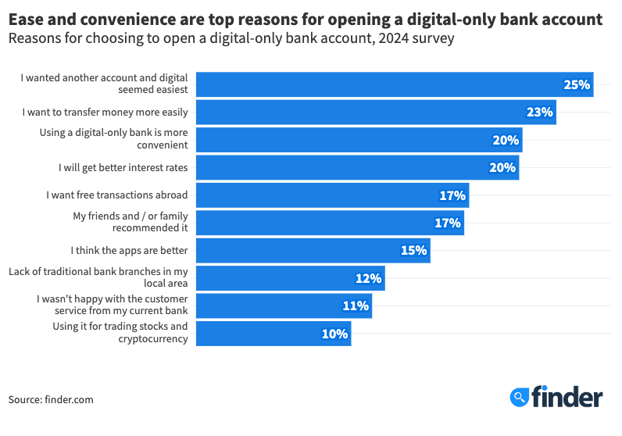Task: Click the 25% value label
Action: pos(576,84)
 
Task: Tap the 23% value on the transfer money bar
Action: pos(539,112)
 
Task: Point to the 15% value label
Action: pos(413,251)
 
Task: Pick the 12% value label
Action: pos(368,278)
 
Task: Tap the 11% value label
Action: pos(356,306)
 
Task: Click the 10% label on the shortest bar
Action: pos(334,334)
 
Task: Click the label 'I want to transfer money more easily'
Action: pos(105,112)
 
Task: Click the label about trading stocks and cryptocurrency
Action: pos(120,333)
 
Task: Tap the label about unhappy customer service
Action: pos(112,305)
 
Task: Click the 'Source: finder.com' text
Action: pos(51,399)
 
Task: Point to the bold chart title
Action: pos(305,18)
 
